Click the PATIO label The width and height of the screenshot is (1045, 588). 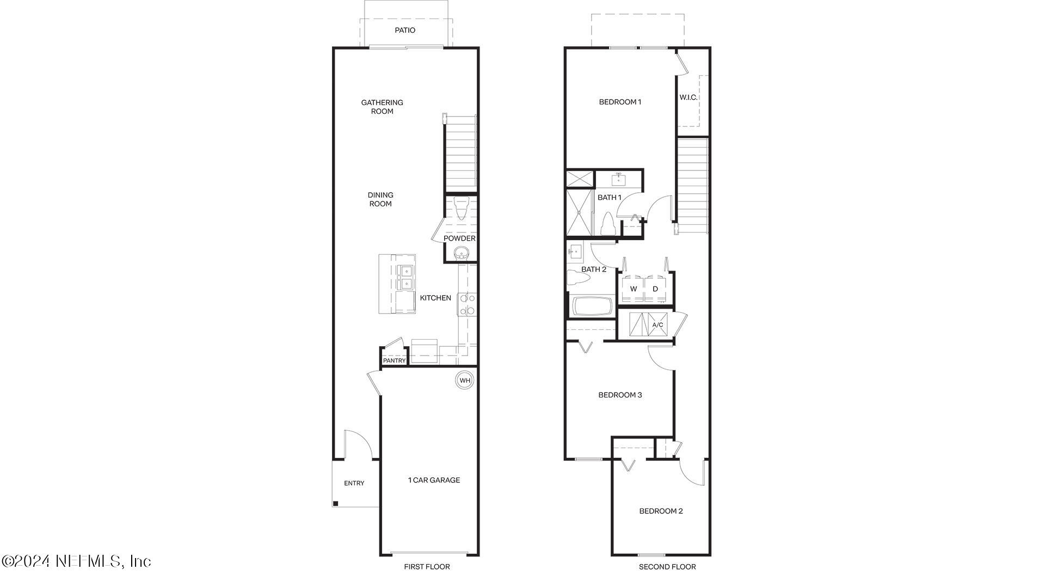click(x=405, y=30)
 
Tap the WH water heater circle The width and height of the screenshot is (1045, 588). click(x=464, y=380)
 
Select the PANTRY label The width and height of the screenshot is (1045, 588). click(x=394, y=360)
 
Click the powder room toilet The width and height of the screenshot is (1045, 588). click(x=461, y=208)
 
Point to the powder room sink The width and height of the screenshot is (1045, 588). click(x=462, y=253)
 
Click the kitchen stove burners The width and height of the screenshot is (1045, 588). click(x=467, y=304)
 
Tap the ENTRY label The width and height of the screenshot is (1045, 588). click(x=354, y=483)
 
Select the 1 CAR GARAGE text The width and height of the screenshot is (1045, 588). click(x=434, y=480)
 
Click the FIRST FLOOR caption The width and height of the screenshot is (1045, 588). click(x=427, y=567)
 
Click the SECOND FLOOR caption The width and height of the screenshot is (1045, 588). click(x=667, y=567)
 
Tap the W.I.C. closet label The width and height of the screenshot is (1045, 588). click(x=688, y=97)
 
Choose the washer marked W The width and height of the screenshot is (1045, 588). click(x=633, y=289)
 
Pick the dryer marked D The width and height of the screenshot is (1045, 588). click(x=655, y=289)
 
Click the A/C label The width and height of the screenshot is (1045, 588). click(x=657, y=325)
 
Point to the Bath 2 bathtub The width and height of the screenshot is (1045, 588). click(x=592, y=306)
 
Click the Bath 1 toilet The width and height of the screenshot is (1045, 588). click(x=607, y=223)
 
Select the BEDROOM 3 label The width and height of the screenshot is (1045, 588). click(x=620, y=395)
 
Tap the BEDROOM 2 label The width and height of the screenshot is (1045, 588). click(x=661, y=511)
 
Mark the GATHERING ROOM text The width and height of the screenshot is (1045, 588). click(x=382, y=107)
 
